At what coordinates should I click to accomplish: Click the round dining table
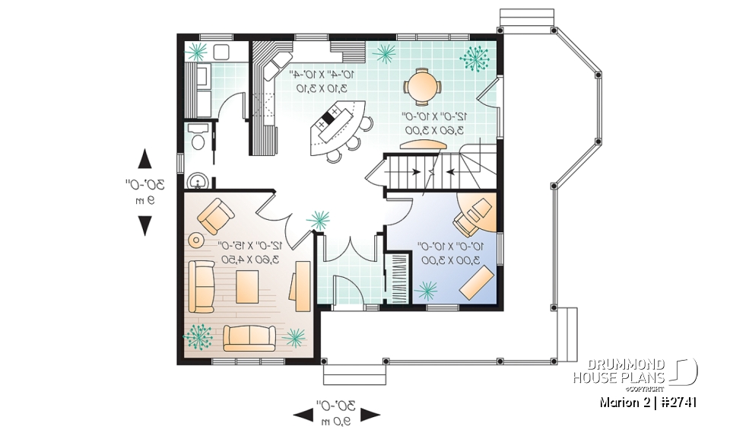click(422, 85)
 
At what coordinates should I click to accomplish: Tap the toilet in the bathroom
click(198, 140)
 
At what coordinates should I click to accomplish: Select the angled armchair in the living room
click(216, 216)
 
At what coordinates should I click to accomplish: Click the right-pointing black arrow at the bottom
click(370, 415)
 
